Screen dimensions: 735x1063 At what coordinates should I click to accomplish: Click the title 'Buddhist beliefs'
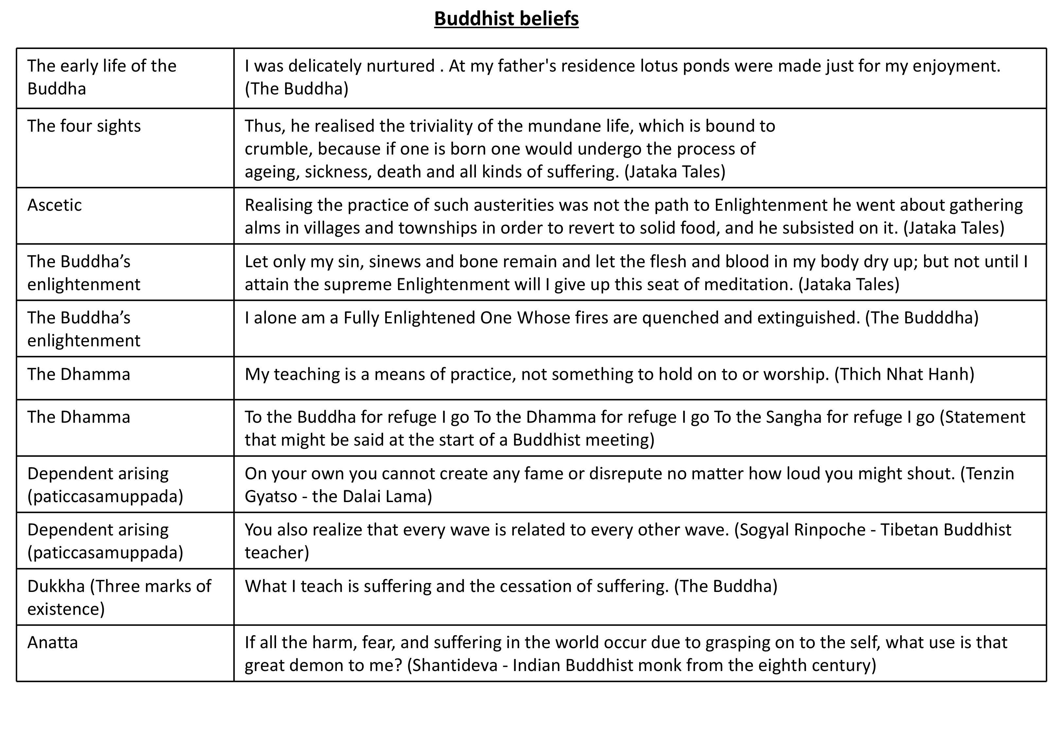pyautogui.click(x=506, y=19)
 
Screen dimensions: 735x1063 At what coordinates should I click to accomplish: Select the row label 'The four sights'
pyautogui.click(x=84, y=126)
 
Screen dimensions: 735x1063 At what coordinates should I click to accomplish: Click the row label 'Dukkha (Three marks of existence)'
pyautogui.click(x=119, y=597)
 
